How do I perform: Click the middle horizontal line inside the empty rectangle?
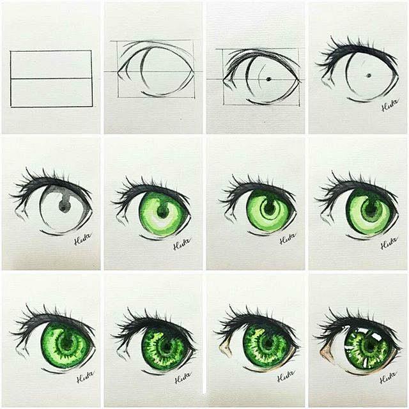click(x=51, y=79)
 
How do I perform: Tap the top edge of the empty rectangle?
click(x=51, y=50)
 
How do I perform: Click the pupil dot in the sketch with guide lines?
click(x=268, y=79)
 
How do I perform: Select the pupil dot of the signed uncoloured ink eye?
click(x=369, y=76)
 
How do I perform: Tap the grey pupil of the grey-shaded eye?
click(x=64, y=204)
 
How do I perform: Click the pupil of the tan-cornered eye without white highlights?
click(x=267, y=346)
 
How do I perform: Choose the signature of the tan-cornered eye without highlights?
click(x=286, y=376)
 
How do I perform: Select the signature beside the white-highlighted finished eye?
click(x=388, y=378)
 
